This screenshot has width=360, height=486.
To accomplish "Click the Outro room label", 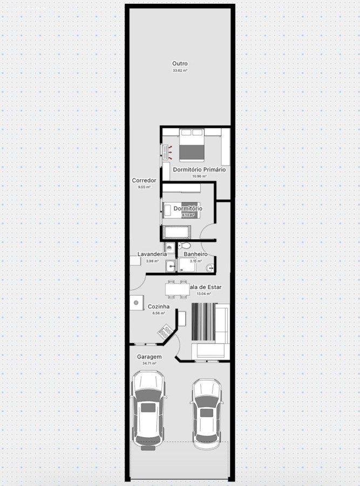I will (x=180, y=64).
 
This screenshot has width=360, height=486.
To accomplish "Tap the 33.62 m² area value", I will (x=180, y=71).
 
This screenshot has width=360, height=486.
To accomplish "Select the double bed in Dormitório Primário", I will (x=191, y=144).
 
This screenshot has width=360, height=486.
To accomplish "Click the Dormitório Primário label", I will (x=199, y=170).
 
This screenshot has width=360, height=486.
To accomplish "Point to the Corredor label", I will (x=144, y=180).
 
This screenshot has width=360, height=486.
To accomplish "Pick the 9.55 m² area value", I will (x=144, y=187).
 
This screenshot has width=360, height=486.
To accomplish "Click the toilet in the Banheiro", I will (x=185, y=246).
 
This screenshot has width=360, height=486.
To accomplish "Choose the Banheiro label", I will (x=195, y=254).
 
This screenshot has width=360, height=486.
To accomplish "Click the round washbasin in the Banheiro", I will (x=210, y=267).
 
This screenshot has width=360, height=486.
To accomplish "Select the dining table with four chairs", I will (x=177, y=289).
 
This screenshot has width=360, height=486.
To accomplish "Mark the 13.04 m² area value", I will (x=203, y=294).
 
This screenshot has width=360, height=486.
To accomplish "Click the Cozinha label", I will (x=159, y=306).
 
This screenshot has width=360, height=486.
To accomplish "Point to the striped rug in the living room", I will (x=203, y=322).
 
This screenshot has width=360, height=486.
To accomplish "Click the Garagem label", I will (x=149, y=357).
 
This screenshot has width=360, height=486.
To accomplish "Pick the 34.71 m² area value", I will (x=149, y=363).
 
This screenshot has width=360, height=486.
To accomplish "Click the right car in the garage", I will (x=207, y=413).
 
